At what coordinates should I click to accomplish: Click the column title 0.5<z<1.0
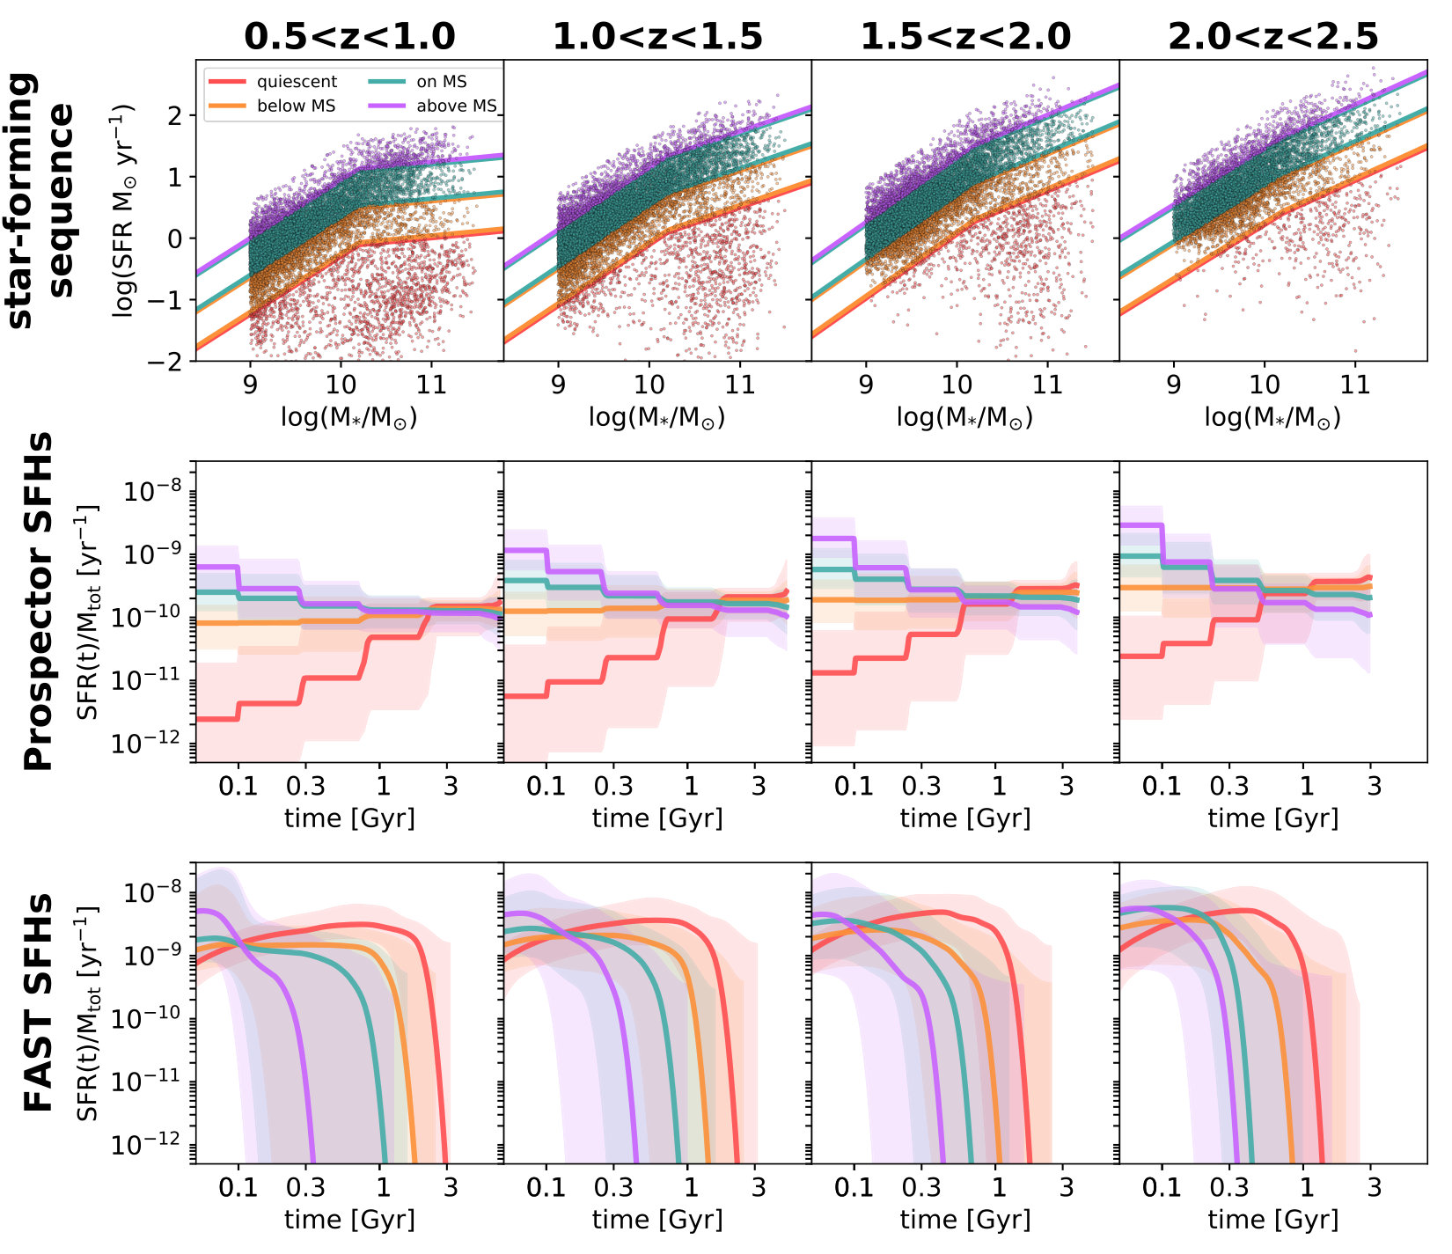coord(349,36)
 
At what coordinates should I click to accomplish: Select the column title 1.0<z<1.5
coord(657,36)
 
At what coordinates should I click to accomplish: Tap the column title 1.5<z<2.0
coord(965,36)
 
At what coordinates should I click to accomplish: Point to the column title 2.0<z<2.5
coord(1273,36)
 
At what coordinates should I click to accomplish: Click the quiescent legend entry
coord(273,82)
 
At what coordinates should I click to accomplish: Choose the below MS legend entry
coord(272,106)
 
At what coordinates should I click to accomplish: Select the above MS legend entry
coord(432,106)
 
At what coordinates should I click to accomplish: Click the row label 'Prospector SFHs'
coord(37,602)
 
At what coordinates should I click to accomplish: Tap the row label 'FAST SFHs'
coord(37,1003)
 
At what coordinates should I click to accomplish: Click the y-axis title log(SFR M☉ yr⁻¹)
coord(122,210)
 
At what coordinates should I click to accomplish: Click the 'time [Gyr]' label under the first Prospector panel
coord(349,818)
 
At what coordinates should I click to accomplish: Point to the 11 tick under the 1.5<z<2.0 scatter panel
coord(1047,385)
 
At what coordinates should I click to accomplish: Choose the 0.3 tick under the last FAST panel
coord(1228,1187)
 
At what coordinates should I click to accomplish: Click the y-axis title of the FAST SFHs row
coord(88,1012)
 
